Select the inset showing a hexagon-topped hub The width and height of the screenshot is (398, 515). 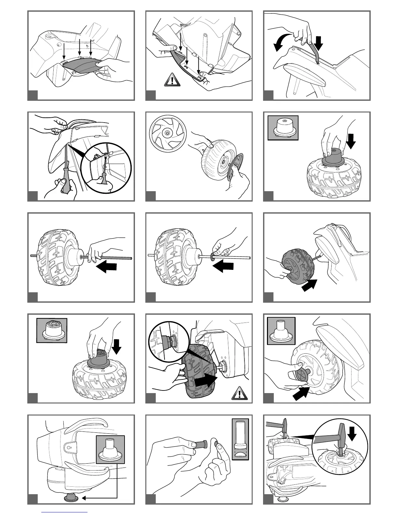coord(52,330)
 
